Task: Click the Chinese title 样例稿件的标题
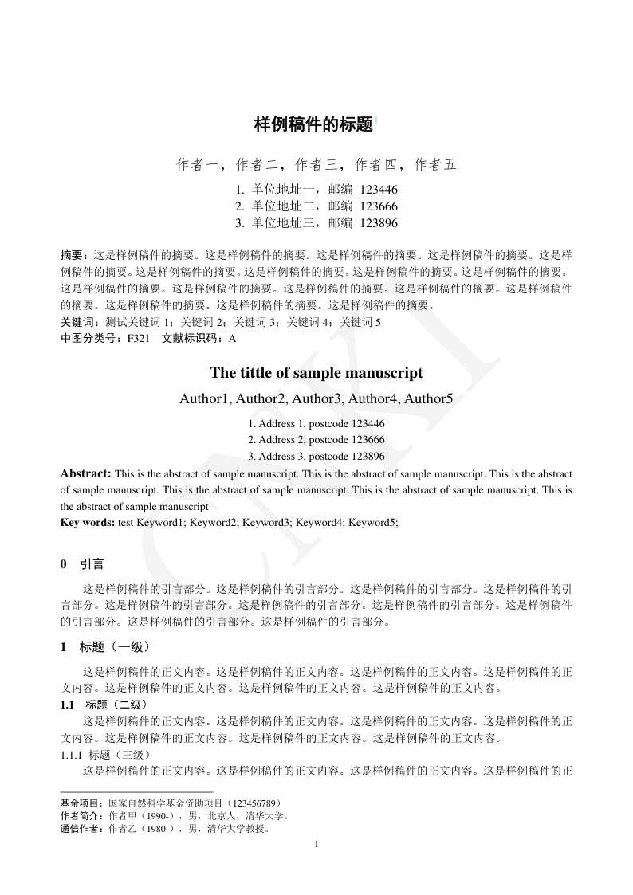tap(313, 124)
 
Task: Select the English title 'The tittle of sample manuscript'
tap(316, 372)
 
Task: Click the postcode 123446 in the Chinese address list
tap(379, 190)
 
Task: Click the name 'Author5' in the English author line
tap(428, 398)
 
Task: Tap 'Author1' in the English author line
tap(206, 398)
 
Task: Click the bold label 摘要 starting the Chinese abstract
tap(73, 256)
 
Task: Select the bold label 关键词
tap(77, 322)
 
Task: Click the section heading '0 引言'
tap(82, 564)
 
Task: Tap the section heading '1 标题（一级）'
tap(105, 646)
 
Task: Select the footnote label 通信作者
tap(81, 829)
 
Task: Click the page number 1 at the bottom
tap(316, 844)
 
